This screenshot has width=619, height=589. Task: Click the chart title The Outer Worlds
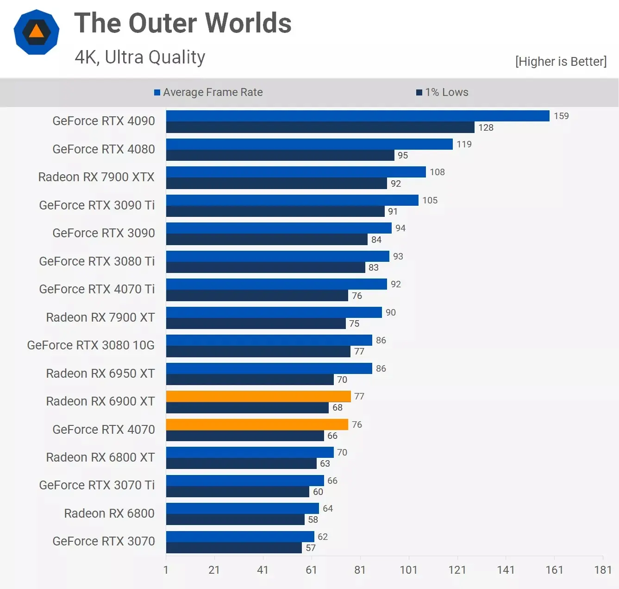pyautogui.click(x=183, y=23)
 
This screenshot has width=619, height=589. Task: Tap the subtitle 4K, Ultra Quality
pyautogui.click(x=140, y=57)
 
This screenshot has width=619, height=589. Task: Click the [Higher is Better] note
pyautogui.click(x=561, y=62)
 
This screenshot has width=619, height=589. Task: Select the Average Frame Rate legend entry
pyautogui.click(x=208, y=92)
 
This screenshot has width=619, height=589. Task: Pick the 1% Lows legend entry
pyautogui.click(x=442, y=92)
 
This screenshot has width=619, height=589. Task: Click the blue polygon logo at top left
pyautogui.click(x=37, y=32)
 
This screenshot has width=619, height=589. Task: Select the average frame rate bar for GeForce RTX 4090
pyautogui.click(x=357, y=116)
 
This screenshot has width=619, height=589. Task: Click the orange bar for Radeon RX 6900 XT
pyautogui.click(x=258, y=396)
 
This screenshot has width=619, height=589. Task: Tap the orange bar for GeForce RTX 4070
pyautogui.click(x=257, y=424)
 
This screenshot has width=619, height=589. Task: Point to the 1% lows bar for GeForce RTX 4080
pyautogui.click(x=280, y=155)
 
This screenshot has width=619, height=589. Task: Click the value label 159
pyautogui.click(x=561, y=116)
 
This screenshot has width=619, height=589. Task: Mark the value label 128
pyautogui.click(x=486, y=127)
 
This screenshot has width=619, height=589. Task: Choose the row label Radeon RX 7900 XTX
pyautogui.click(x=96, y=177)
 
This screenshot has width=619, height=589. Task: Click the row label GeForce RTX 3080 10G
pyautogui.click(x=91, y=345)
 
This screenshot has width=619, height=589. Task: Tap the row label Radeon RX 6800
pyautogui.click(x=109, y=513)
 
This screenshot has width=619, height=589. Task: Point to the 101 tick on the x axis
pyautogui.click(x=408, y=570)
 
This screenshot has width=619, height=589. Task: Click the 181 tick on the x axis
pyautogui.click(x=603, y=570)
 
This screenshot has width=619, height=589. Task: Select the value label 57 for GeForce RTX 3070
pyautogui.click(x=311, y=548)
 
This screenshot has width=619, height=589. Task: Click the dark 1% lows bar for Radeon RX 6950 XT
pyautogui.click(x=250, y=380)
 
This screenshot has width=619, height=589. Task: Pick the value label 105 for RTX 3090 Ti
pyautogui.click(x=430, y=200)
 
